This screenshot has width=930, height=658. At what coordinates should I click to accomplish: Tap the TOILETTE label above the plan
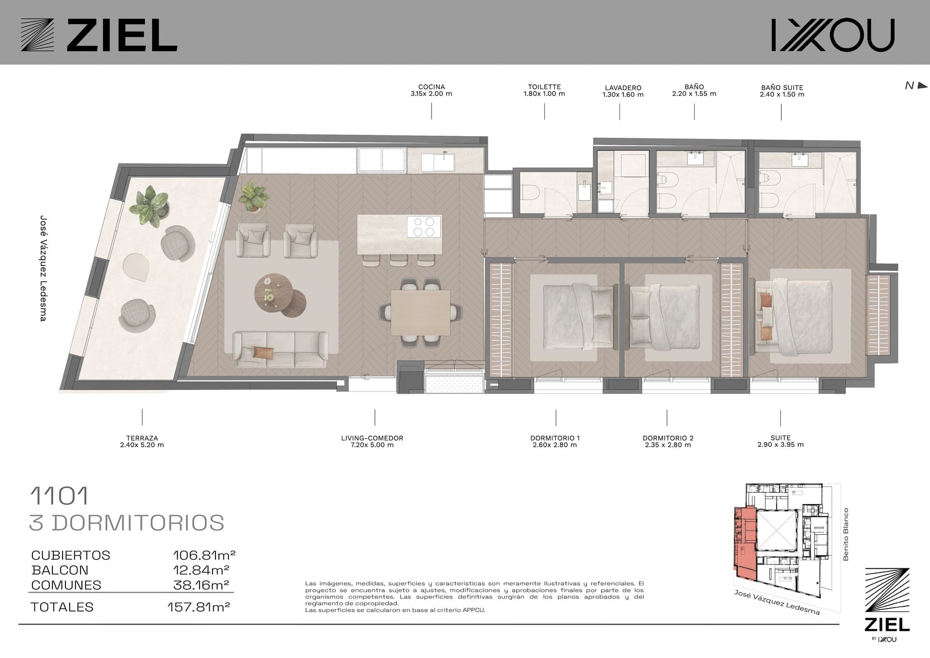[544, 87]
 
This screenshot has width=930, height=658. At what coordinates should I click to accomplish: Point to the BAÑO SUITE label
[782, 88]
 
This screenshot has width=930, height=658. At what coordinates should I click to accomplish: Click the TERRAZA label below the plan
[142, 438]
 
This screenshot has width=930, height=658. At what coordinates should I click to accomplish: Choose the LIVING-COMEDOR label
[372, 438]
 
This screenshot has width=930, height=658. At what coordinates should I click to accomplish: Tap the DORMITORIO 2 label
[668, 438]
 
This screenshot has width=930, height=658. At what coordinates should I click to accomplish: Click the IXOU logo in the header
[833, 35]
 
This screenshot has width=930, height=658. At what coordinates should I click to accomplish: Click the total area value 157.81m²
[199, 607]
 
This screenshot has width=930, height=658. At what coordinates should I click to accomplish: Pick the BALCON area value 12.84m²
[201, 570]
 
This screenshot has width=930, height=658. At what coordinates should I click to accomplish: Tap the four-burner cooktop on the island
[424, 227]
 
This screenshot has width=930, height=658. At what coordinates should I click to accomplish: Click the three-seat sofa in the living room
[280, 349]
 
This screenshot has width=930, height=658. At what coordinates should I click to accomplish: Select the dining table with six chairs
[420, 313]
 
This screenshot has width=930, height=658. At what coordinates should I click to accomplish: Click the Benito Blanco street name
[846, 534]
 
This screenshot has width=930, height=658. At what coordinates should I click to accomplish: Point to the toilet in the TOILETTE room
[530, 192]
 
